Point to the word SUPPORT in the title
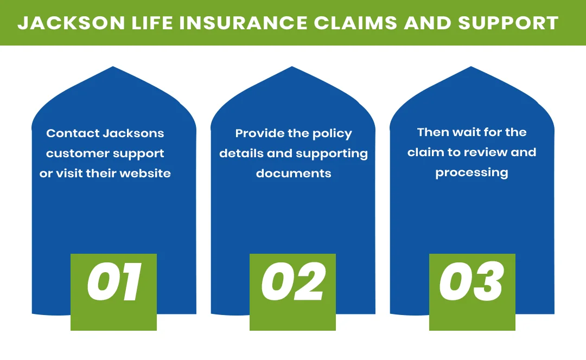click(x=508, y=23)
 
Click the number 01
click(x=114, y=282)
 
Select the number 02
click(x=293, y=282)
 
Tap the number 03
click(x=472, y=282)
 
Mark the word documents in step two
click(x=294, y=173)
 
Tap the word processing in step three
click(x=472, y=173)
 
